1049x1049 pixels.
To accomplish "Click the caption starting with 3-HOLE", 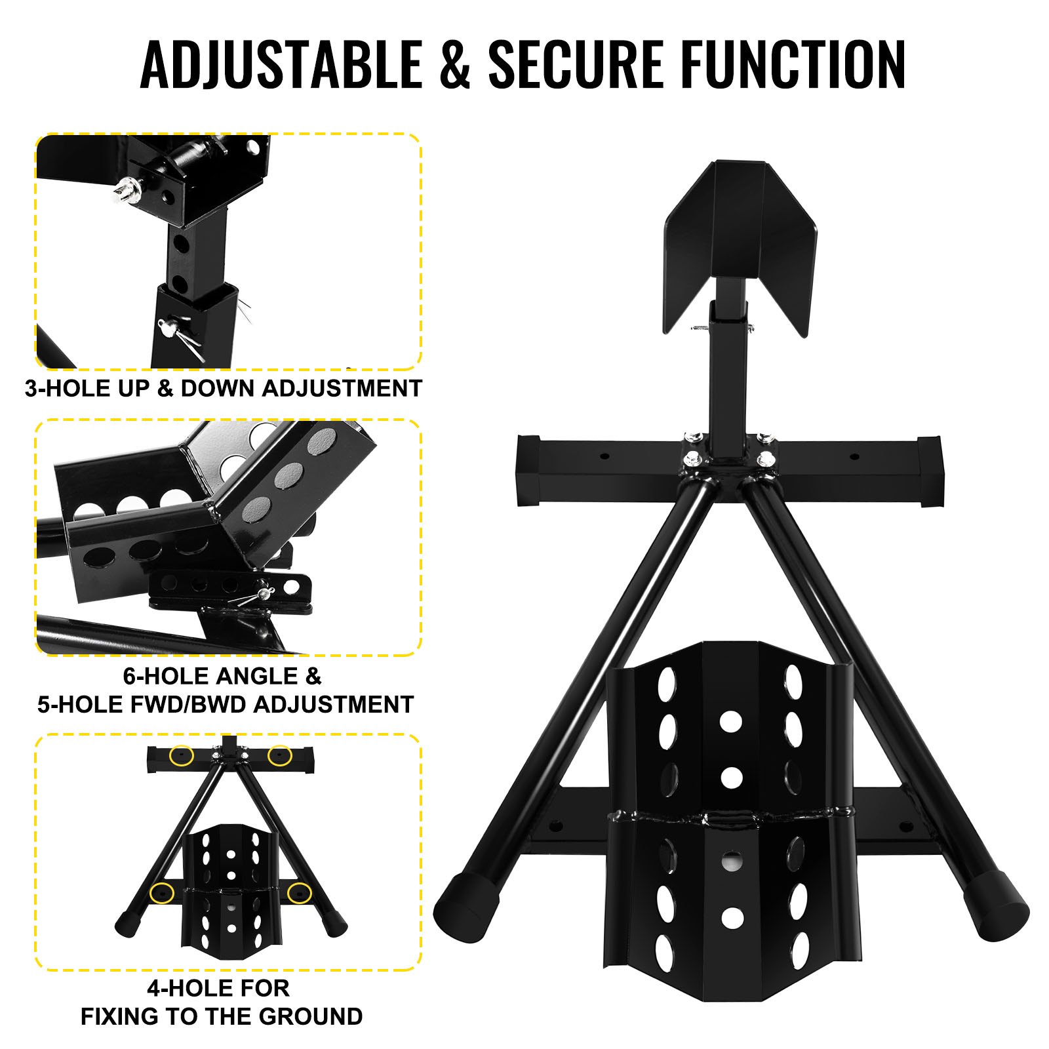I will pos(223,388).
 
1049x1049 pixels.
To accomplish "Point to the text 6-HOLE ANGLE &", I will pos(222,676).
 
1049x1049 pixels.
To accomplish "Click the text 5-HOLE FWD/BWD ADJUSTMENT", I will pos(226,704).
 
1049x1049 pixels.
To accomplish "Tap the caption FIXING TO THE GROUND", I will pos(222,1016).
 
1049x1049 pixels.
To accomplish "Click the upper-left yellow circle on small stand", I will pos(181,756).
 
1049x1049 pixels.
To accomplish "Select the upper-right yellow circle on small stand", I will pos(280,756).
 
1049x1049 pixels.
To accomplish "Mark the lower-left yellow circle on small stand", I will pos(162,892).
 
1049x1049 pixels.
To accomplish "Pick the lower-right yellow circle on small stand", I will pos(299,892).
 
